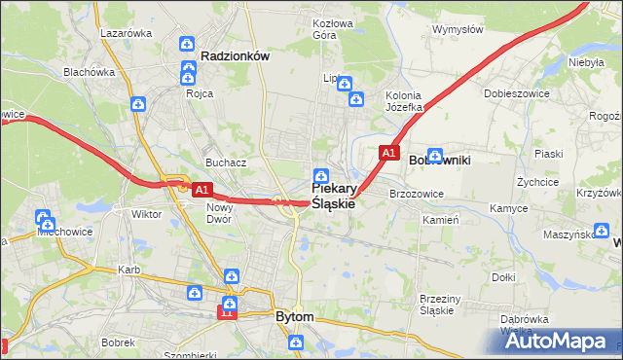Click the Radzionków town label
coord(234,56)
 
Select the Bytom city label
coord(295,317)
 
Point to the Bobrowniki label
coord(440,159)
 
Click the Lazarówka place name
coord(126,32)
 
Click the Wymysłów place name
coord(458,29)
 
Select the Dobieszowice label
coord(512,94)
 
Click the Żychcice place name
coord(537,182)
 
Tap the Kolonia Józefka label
coord(403,101)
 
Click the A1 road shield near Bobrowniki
coord(388,153)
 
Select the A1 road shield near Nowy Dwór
coord(202,190)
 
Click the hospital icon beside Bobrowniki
coord(435,154)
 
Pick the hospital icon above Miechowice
coord(43,217)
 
